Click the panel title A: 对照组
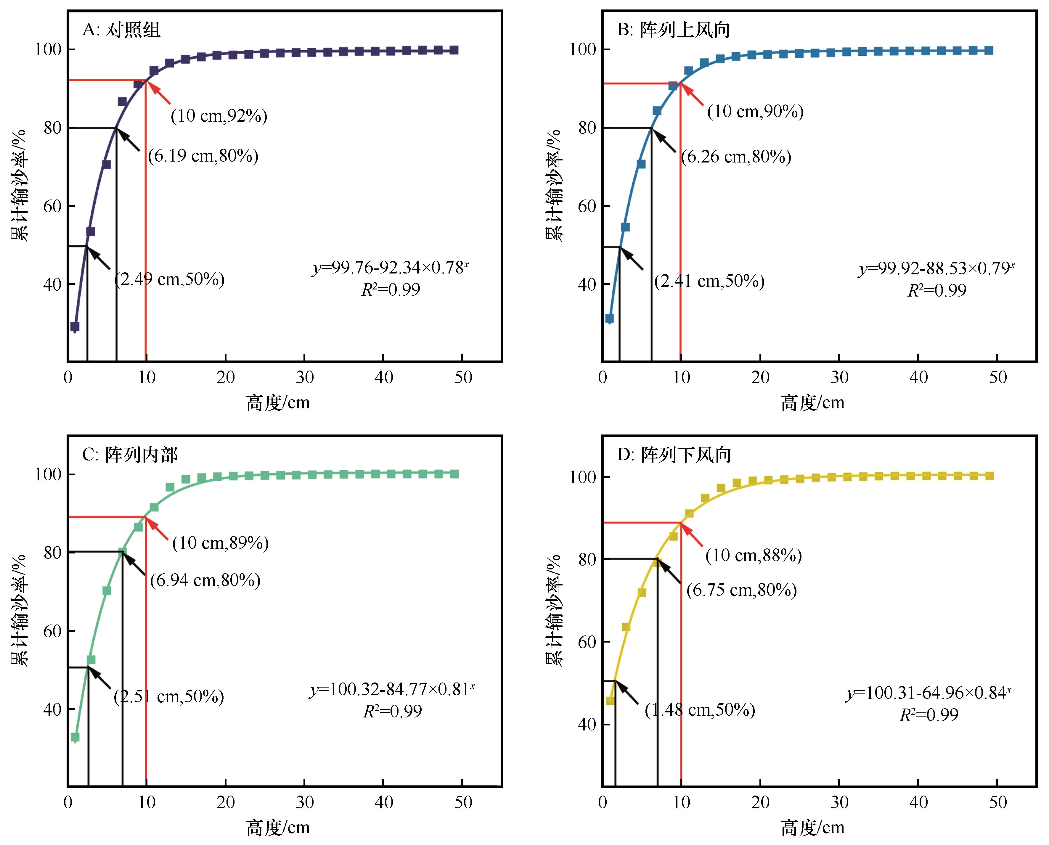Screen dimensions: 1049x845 (121, 30)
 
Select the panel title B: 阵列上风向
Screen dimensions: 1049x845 (674, 30)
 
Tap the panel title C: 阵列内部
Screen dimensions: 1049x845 (130, 455)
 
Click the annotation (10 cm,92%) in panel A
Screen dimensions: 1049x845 (219, 116)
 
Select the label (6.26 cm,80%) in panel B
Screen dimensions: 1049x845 (736, 157)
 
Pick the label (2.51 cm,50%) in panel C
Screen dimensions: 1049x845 (169, 696)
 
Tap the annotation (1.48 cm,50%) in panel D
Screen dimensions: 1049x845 (700, 710)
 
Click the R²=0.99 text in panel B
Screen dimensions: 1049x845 (937, 291)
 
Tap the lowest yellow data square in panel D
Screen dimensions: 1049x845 (610, 701)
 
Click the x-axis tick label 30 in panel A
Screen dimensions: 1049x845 (304, 377)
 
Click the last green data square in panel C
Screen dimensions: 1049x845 (454, 474)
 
